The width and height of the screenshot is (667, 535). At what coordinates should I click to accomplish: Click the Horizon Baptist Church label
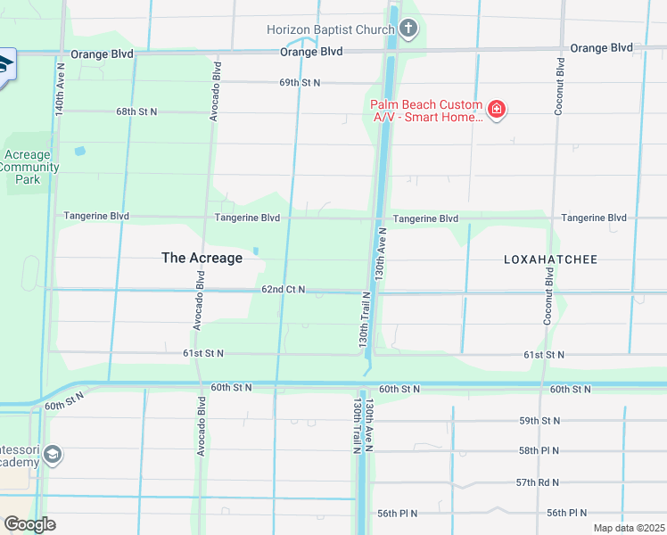(x=331, y=29)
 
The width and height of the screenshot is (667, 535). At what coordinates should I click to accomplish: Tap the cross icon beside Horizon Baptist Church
(x=408, y=29)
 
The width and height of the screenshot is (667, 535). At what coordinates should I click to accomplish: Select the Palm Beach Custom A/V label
(x=426, y=111)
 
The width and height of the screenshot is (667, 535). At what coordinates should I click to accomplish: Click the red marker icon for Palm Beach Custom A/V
(x=497, y=111)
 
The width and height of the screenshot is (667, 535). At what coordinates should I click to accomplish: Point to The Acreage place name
(x=202, y=258)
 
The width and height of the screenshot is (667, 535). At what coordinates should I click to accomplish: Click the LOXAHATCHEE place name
(x=550, y=259)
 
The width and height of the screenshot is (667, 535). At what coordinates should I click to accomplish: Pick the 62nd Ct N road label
(x=284, y=290)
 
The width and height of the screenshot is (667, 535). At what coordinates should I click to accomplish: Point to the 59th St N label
(x=539, y=420)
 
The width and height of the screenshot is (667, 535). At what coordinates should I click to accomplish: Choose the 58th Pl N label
(x=539, y=450)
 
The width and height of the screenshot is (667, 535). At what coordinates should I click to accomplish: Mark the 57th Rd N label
(x=539, y=481)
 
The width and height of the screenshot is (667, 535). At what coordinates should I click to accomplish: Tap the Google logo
(x=29, y=524)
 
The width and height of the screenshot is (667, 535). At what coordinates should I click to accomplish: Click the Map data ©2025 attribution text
(x=628, y=528)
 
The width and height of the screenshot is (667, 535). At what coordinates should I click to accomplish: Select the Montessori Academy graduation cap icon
(x=53, y=456)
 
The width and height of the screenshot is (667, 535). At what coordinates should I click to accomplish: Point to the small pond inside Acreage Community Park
(x=79, y=152)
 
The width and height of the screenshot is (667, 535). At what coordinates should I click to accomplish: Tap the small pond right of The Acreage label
(x=256, y=251)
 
